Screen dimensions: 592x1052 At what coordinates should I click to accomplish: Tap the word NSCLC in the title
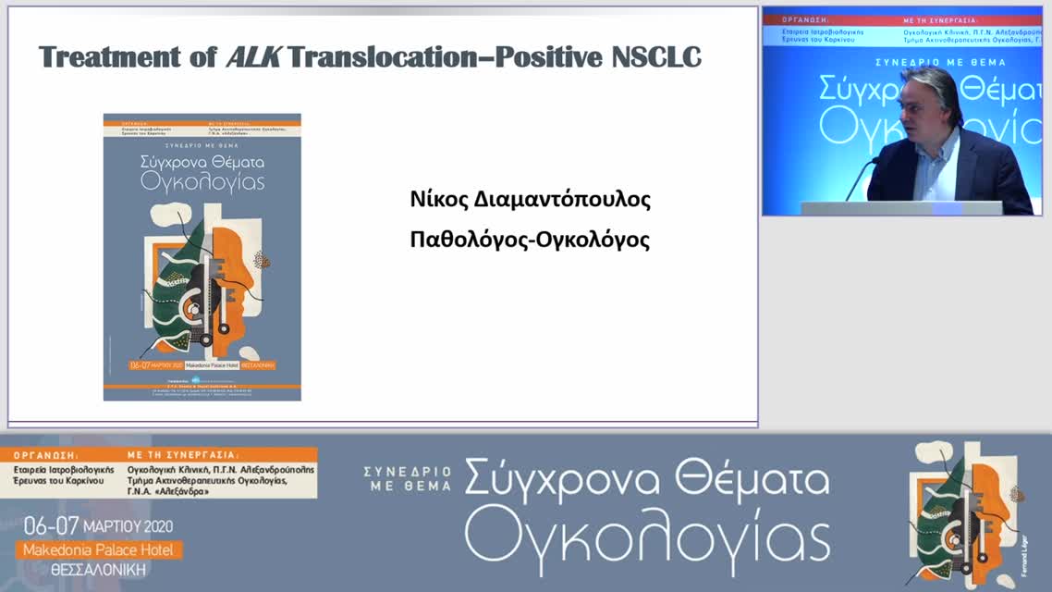point(656,57)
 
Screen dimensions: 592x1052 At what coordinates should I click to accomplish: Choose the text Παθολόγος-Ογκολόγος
point(530,240)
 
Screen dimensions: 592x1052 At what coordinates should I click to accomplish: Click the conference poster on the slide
point(202,257)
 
